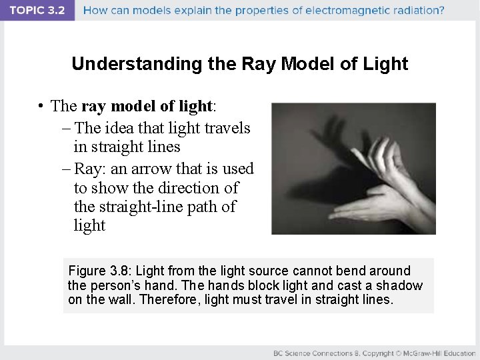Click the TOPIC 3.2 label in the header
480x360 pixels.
37,10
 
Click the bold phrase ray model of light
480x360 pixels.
146,107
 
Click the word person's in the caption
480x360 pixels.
113,285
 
